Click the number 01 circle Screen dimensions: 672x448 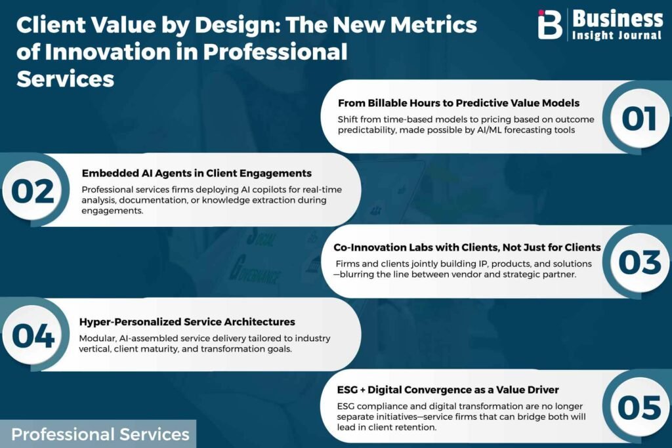point(639,118)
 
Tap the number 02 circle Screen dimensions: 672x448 point(33,190)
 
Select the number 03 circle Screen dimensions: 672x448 point(639,262)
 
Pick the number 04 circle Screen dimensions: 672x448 point(33,335)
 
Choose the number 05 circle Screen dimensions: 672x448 point(639,407)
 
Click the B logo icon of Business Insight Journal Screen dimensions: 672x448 point(550,24)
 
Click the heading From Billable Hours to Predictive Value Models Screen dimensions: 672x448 point(459,103)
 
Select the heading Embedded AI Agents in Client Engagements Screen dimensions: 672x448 point(197,173)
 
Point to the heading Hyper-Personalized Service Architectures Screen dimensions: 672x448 point(187,321)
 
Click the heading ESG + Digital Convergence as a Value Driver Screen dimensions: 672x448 point(448,390)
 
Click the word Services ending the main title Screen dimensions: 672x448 point(65,79)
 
